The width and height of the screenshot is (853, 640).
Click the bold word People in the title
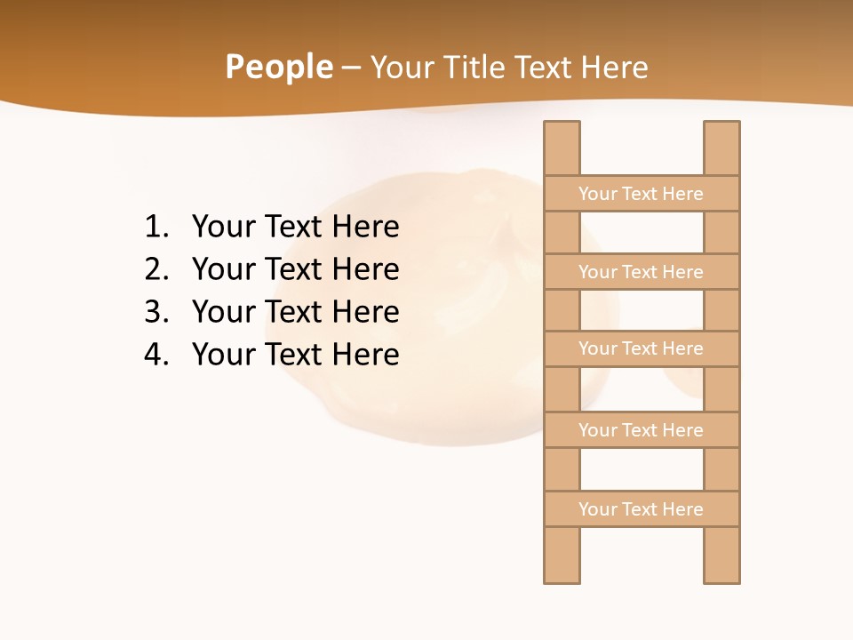pyautogui.click(x=279, y=68)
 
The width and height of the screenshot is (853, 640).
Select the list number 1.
pyautogui.click(x=155, y=227)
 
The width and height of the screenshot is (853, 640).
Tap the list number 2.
pyautogui.click(x=155, y=269)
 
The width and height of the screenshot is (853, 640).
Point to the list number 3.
pyautogui.click(x=155, y=312)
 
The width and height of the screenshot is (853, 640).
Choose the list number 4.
pyautogui.click(x=155, y=355)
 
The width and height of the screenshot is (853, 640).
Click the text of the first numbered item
pyautogui.click(x=295, y=227)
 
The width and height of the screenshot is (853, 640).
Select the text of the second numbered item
pyautogui.click(x=295, y=269)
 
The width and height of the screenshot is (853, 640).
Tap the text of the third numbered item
pyautogui.click(x=295, y=312)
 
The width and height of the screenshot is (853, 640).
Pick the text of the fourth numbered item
pyautogui.click(x=295, y=355)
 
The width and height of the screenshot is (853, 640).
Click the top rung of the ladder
pyautogui.click(x=642, y=194)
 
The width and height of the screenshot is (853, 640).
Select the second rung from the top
pyautogui.click(x=642, y=272)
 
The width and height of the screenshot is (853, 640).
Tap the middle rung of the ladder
pyautogui.click(x=642, y=348)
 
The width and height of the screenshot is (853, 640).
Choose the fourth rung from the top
pyautogui.click(x=642, y=430)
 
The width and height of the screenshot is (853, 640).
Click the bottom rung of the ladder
pyautogui.click(x=642, y=509)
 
